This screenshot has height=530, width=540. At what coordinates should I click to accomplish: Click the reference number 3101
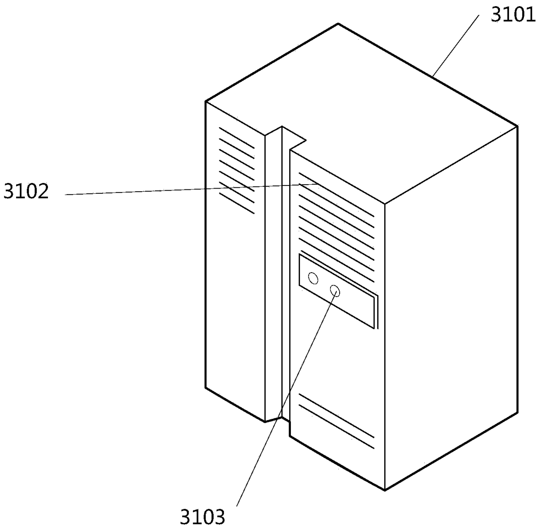tap(513, 15)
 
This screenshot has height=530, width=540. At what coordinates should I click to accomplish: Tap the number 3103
tap(203, 517)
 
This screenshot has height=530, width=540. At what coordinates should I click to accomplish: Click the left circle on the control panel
tap(313, 278)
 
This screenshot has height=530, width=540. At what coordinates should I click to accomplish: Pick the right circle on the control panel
tap(335, 290)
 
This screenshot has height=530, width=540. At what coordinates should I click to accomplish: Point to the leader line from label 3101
tap(455, 45)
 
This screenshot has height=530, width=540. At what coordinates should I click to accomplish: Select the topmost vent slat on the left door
tap(236, 137)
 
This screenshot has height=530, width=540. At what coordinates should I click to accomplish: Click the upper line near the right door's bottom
tap(336, 415)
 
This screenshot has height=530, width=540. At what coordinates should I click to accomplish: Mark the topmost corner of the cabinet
tap(338, 24)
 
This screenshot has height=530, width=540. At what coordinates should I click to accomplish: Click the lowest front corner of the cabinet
tap(385, 490)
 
